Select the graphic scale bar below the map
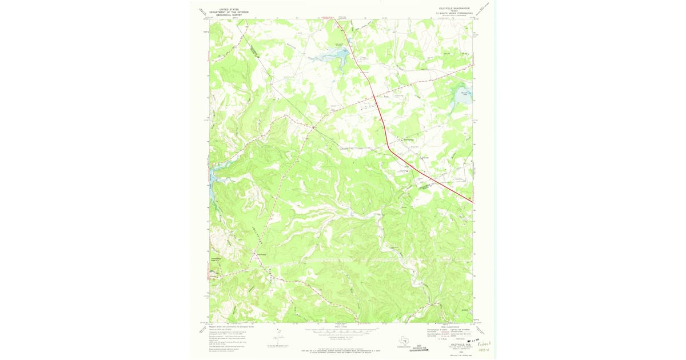tap(341, 330)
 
